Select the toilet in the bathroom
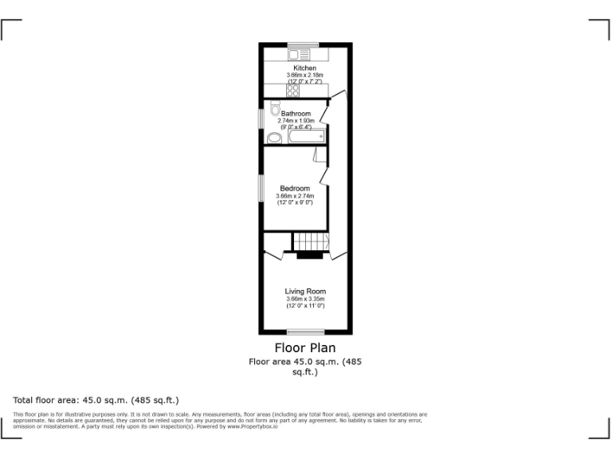click(x=275, y=108)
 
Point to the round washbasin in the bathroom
click(x=274, y=138)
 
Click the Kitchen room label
click(x=305, y=69)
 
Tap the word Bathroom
click(x=296, y=114)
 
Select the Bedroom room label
click(x=295, y=188)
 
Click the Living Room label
click(x=305, y=292)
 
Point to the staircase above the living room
click(x=311, y=241)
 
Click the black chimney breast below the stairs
click(x=309, y=256)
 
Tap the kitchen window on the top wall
click(x=303, y=44)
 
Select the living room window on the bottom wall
click(x=306, y=332)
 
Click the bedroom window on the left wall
click(x=261, y=187)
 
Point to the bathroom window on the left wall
click(x=261, y=117)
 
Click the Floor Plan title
click(x=305, y=347)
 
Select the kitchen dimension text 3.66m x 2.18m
click(x=305, y=75)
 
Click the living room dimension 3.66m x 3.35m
click(x=305, y=299)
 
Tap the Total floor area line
click(x=96, y=399)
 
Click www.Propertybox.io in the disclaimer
click(x=253, y=426)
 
